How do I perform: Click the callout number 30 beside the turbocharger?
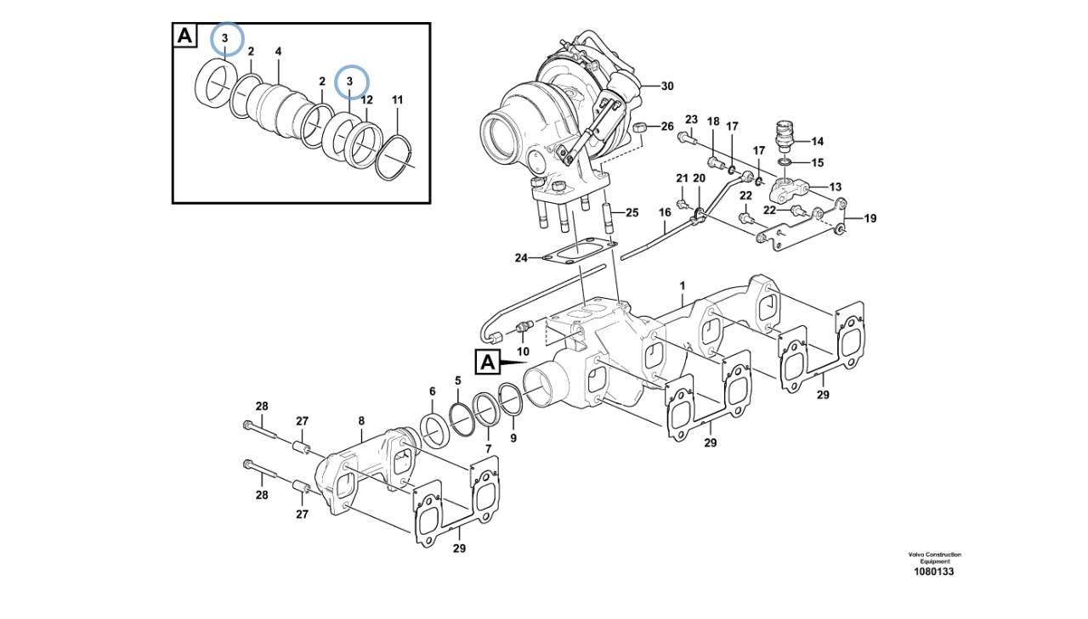point(667,86)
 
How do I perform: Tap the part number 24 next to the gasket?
point(521,258)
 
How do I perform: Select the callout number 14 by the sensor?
point(818,142)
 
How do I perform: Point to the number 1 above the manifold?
point(683,286)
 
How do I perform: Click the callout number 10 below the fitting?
point(523,352)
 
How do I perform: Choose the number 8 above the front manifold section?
point(361,421)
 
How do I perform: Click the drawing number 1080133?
point(933,571)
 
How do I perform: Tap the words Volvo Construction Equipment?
point(934,558)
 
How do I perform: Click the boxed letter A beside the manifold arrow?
point(488,363)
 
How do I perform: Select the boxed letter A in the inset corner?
point(184,36)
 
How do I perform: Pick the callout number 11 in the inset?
point(397,100)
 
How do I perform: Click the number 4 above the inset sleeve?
point(278,51)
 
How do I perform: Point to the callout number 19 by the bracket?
point(870,219)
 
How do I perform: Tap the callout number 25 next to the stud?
point(632,212)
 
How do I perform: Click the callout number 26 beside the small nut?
point(667,127)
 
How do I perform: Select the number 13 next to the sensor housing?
point(835,188)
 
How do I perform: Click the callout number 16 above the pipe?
point(665,212)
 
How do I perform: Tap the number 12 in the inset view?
point(366,100)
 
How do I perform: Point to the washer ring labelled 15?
point(784,161)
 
